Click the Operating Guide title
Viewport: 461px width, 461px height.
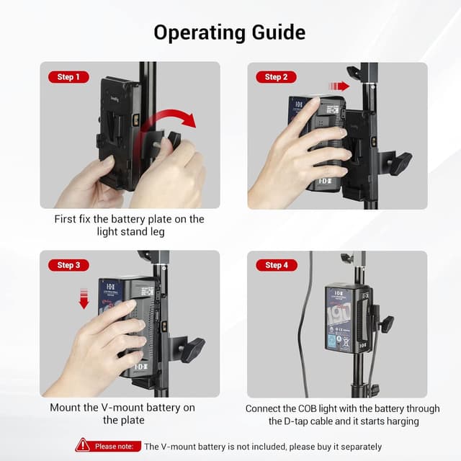pos(230,32)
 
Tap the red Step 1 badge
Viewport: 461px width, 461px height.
pos(68,77)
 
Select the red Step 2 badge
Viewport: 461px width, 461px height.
pos(276,77)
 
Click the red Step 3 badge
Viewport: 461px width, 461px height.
pos(68,265)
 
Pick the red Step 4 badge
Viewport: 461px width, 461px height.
pos(276,265)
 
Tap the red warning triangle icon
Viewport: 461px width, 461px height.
pos(83,446)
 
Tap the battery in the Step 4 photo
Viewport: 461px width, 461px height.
pos(347,318)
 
